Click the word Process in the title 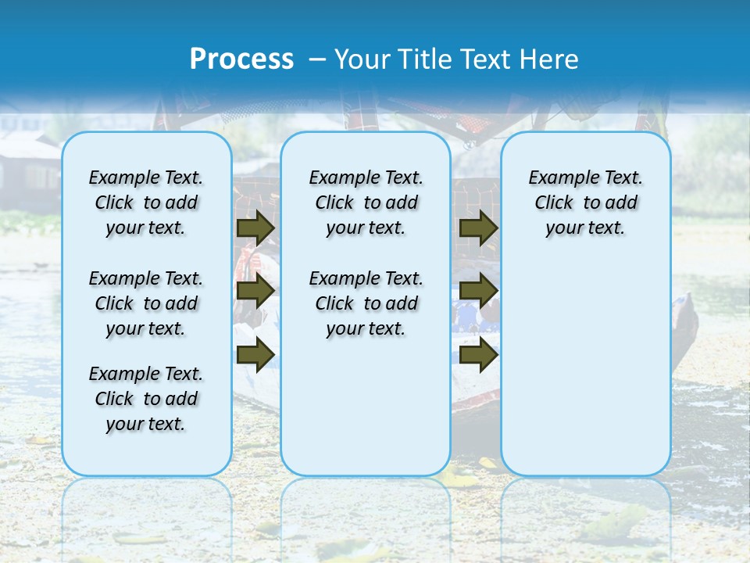[x=241, y=59]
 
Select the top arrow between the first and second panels [x=255, y=228]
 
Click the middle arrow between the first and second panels [x=255, y=291]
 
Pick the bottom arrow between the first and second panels [x=255, y=355]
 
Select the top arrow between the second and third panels [x=479, y=228]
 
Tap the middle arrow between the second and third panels [x=479, y=291]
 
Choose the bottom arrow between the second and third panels [x=479, y=355]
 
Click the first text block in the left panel [x=146, y=203]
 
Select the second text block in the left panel [x=146, y=303]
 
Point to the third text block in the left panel [x=146, y=399]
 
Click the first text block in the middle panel [x=366, y=203]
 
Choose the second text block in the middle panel [x=366, y=303]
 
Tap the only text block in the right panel [x=585, y=203]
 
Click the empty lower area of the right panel [x=585, y=368]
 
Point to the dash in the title [x=317, y=59]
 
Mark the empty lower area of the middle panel [x=366, y=407]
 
